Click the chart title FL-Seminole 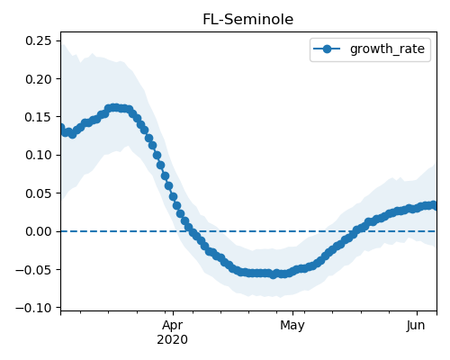[x=248, y=20]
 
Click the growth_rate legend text [x=387, y=49]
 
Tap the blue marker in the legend [x=327, y=49]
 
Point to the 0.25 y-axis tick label [x=39, y=40]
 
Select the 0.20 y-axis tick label [x=39, y=79]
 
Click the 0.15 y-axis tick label [x=39, y=117]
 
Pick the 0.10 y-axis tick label [x=39, y=155]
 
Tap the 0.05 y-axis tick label [x=39, y=193]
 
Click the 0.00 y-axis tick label [x=39, y=231]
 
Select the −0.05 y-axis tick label [x=33, y=270]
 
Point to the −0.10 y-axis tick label [x=33, y=308]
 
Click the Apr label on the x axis [x=173, y=326]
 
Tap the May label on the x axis [x=292, y=326]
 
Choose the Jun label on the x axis [x=416, y=325]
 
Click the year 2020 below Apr [x=173, y=339]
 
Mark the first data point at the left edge [x=61, y=128]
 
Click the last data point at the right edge [x=433, y=205]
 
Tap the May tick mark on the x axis [x=293, y=313]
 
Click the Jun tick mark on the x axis [x=417, y=313]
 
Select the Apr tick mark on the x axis [x=173, y=313]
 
